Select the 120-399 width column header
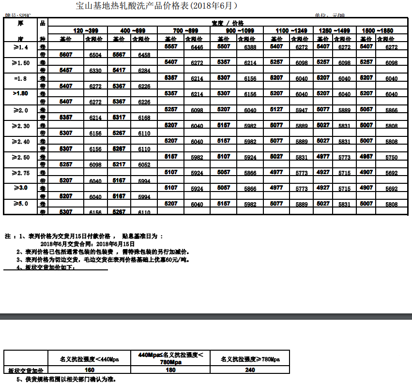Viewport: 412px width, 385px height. point(79,30)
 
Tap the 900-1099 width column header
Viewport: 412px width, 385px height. point(236,30)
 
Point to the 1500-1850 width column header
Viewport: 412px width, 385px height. point(378,30)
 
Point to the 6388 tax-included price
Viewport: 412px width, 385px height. point(250,47)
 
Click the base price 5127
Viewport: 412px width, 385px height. point(276,109)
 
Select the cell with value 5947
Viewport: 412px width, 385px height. point(302,110)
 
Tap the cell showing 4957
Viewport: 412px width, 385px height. point(366,156)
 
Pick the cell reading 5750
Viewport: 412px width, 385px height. point(392,158)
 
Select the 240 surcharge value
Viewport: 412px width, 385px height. point(250,370)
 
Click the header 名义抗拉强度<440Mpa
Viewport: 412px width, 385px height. point(89,359)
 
